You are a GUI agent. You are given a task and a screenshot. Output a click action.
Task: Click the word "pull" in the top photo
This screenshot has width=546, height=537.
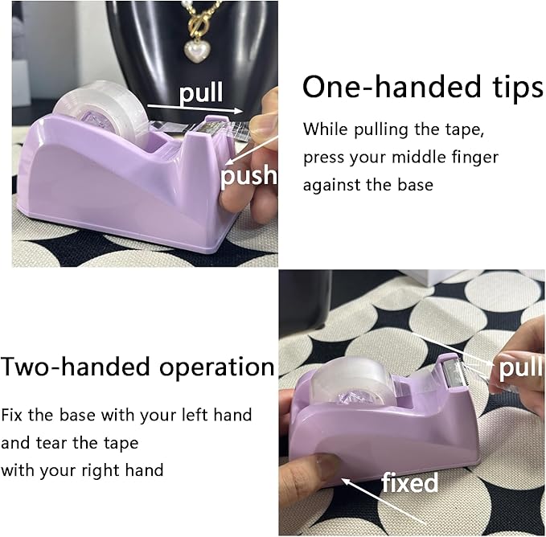[x=201, y=93]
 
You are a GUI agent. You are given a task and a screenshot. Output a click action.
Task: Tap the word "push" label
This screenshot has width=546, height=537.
[x=248, y=174]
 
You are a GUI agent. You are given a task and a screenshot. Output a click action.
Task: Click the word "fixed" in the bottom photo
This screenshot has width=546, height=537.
[x=409, y=483]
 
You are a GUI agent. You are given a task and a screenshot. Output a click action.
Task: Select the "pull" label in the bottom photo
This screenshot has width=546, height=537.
[x=521, y=368]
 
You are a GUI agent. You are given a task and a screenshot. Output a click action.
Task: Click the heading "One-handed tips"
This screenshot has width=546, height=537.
[x=423, y=88]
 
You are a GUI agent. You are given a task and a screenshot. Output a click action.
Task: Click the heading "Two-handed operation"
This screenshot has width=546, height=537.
[x=138, y=367]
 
